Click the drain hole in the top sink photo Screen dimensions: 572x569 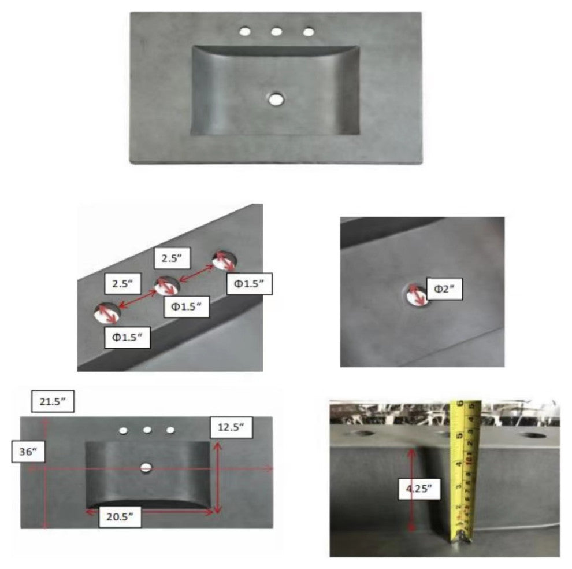click(x=276, y=99)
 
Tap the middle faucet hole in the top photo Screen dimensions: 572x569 click(x=277, y=32)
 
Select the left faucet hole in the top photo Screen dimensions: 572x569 click(x=245, y=31)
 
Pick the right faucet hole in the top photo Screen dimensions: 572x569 click(x=309, y=32)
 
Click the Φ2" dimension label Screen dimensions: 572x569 click(x=444, y=289)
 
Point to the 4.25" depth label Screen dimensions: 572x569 click(x=419, y=489)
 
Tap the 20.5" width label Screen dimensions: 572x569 click(x=120, y=516)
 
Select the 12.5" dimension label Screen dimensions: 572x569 click(x=231, y=427)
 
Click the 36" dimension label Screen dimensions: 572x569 click(x=28, y=452)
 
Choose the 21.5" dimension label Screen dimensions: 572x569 click(x=53, y=401)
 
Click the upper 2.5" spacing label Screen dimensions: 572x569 click(x=172, y=258)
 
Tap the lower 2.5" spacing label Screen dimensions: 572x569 click(x=122, y=283)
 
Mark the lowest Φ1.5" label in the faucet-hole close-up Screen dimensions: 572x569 click(x=127, y=337)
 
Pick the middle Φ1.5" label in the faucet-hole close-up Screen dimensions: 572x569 click(x=187, y=306)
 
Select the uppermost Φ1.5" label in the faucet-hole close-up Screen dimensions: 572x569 click(x=249, y=283)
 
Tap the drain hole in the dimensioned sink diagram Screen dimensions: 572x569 click(x=146, y=468)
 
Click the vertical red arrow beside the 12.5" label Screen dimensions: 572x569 click(x=218, y=478)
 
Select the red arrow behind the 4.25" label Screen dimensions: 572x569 click(x=411, y=490)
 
